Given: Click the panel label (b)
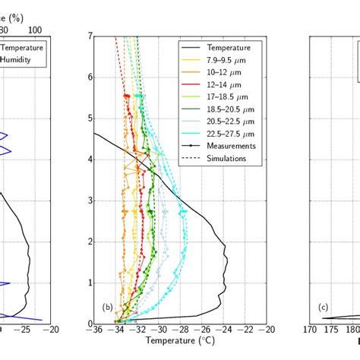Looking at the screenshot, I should click(x=108, y=308).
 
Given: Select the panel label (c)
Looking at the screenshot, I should click(x=324, y=308).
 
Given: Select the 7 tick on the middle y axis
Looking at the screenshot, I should click(x=89, y=36).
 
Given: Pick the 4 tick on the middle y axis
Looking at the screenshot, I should click(x=89, y=159).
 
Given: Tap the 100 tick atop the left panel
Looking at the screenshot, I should click(x=35, y=29).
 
